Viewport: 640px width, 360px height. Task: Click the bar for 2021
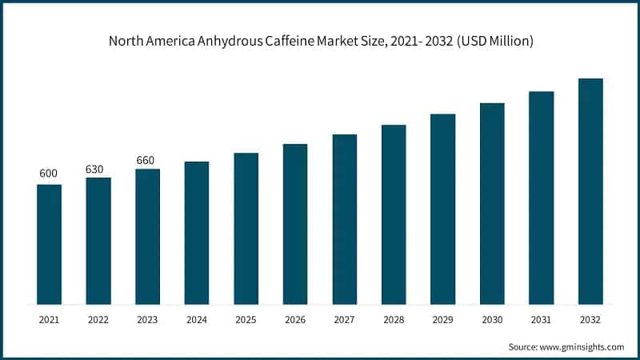click(x=49, y=244)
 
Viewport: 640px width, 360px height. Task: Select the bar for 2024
click(x=197, y=233)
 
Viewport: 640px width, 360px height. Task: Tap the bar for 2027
click(x=345, y=219)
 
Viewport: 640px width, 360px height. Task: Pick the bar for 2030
click(x=492, y=203)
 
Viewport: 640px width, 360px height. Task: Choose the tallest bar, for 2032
click(x=590, y=191)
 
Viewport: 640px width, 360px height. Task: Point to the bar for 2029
click(x=442, y=209)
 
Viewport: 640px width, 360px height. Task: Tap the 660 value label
click(x=147, y=160)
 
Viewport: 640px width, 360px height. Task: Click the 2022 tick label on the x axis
click(x=98, y=318)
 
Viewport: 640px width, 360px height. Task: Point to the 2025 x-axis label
click(x=246, y=318)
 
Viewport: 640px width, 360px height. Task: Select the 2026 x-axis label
click(x=295, y=318)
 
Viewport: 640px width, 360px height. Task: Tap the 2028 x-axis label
click(x=394, y=318)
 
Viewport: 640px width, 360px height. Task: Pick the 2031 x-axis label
click(x=542, y=318)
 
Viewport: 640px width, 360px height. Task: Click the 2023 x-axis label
click(x=147, y=318)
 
